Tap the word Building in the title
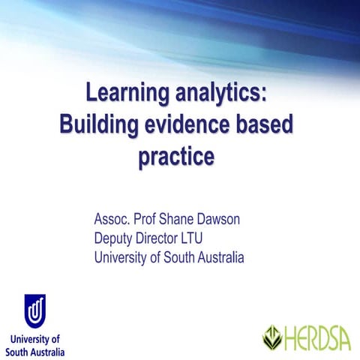click(97, 125)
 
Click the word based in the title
click(265, 125)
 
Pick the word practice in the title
click(176, 157)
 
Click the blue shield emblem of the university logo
click(34, 310)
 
